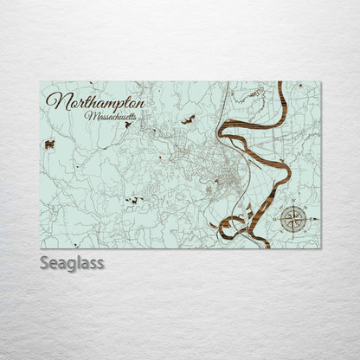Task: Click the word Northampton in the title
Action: click(95, 101)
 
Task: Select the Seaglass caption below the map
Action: click(72, 263)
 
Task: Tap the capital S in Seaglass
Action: click(44, 262)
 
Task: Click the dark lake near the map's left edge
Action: click(50, 145)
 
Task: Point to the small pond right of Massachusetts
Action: click(188, 119)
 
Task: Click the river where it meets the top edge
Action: click(280, 84)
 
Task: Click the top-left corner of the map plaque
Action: click(41, 81)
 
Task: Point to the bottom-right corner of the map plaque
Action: click(319, 248)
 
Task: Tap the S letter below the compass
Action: click(293, 235)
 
